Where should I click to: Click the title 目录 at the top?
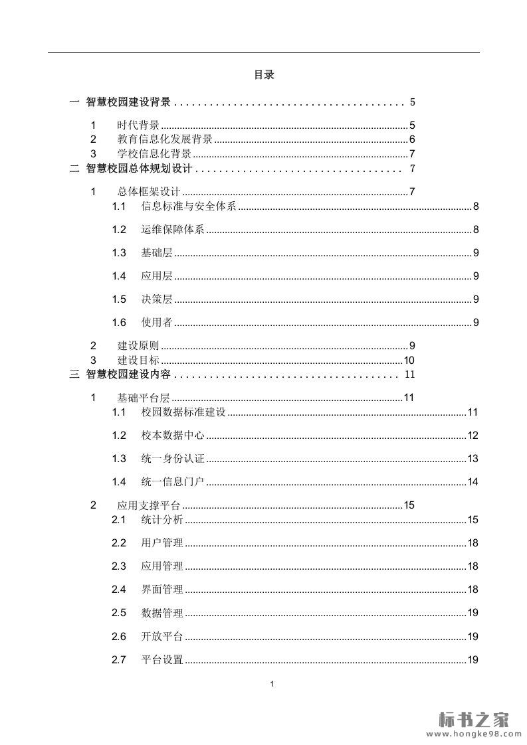click(x=264, y=75)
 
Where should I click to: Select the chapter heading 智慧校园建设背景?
click(x=128, y=102)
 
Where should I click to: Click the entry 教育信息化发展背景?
click(x=165, y=139)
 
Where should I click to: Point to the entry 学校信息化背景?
click(x=154, y=154)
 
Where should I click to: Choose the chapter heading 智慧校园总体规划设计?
click(x=139, y=169)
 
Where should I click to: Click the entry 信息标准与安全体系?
click(x=189, y=207)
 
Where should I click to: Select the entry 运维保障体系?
click(x=173, y=230)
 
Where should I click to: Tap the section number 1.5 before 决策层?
click(x=119, y=299)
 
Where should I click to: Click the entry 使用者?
click(x=157, y=323)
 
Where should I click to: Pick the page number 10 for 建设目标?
click(x=409, y=361)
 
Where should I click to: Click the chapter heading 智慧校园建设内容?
click(x=128, y=375)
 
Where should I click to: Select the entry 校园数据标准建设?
click(x=183, y=412)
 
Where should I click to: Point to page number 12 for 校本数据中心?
click(x=473, y=436)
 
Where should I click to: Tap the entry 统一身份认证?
click(x=173, y=459)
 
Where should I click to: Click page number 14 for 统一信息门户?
click(x=473, y=482)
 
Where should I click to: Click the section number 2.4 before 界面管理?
click(x=119, y=590)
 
